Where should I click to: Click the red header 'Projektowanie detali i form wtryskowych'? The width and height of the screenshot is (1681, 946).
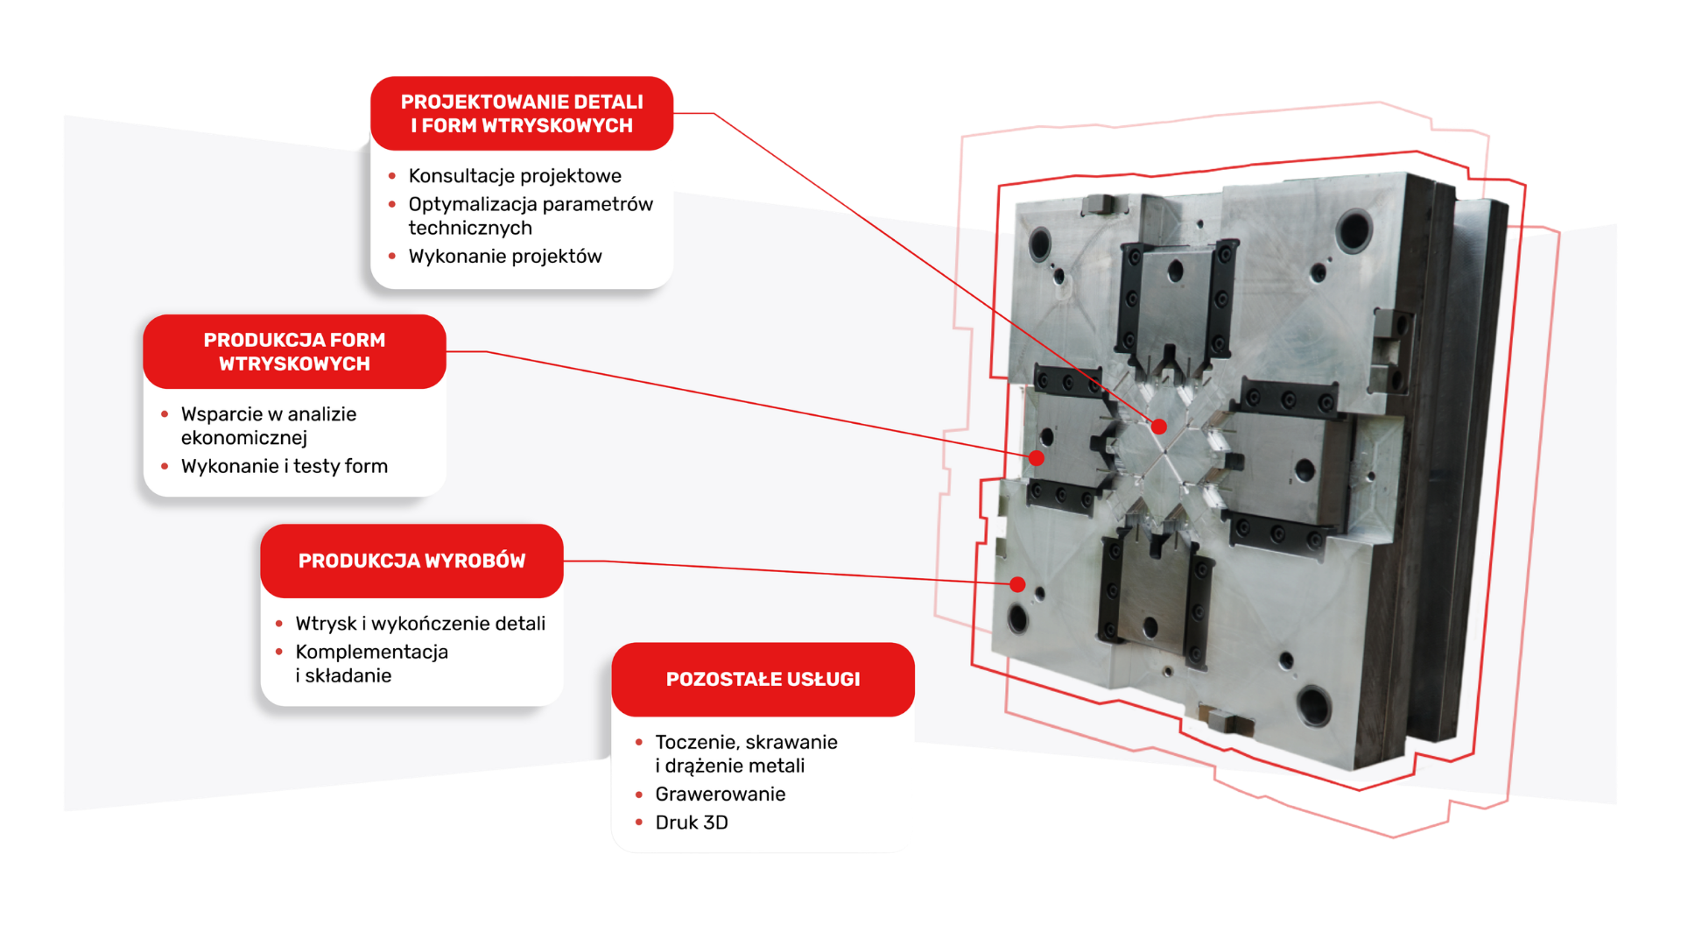click(522, 113)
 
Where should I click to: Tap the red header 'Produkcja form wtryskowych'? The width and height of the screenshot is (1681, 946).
click(294, 351)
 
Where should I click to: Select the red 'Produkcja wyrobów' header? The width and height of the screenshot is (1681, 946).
click(411, 561)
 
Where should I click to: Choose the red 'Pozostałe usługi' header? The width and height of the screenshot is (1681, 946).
click(763, 679)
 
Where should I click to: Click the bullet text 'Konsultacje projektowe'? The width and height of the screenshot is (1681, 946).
click(515, 176)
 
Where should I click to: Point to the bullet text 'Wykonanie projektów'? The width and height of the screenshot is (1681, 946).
click(505, 257)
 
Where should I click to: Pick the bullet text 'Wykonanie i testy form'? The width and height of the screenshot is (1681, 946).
click(285, 466)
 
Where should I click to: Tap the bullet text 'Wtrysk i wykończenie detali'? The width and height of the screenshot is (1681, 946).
click(420, 624)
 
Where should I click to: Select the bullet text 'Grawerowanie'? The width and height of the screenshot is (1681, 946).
click(721, 794)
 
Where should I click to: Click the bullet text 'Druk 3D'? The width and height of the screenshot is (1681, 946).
click(692, 822)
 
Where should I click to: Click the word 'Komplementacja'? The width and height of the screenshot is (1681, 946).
click(372, 652)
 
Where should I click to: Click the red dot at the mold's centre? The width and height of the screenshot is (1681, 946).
click(1159, 427)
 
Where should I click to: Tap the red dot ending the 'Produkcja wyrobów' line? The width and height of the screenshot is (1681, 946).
click(1017, 584)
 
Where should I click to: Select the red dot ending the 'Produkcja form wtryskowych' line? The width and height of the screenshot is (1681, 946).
click(1037, 457)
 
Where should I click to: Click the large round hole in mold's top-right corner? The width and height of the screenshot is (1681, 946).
click(1354, 229)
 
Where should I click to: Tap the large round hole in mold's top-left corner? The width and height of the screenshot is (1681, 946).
click(1040, 243)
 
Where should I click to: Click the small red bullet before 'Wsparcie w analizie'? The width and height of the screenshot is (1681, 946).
click(165, 414)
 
